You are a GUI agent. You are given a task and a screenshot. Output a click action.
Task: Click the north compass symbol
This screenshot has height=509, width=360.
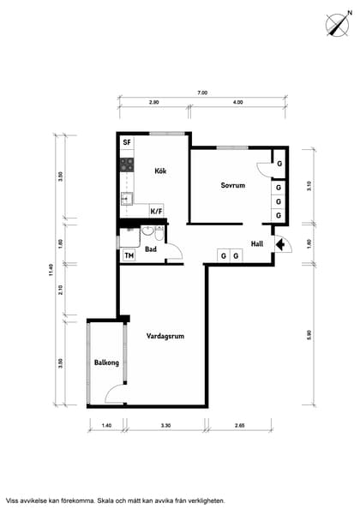(x=339, y=24)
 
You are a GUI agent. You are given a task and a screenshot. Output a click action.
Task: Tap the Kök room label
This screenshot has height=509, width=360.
(x=160, y=171)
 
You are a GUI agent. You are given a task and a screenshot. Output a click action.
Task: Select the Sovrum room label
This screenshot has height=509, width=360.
(x=233, y=185)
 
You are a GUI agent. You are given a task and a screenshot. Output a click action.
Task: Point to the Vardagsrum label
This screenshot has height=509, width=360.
(x=165, y=336)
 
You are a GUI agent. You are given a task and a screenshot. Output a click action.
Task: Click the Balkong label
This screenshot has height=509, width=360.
(x=106, y=362)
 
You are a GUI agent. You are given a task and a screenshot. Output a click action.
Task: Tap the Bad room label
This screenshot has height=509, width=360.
(x=151, y=249)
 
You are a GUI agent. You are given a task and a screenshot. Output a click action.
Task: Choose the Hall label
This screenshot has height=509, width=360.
(x=257, y=243)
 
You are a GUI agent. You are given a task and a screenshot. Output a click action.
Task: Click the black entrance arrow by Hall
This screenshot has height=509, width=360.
(x=279, y=244)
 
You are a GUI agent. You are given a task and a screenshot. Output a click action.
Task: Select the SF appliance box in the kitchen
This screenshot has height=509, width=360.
(x=127, y=142)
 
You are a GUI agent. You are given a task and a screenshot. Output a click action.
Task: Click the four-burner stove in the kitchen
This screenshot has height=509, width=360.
(x=127, y=165)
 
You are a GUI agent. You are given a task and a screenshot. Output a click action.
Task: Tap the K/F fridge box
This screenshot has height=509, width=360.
(x=156, y=212)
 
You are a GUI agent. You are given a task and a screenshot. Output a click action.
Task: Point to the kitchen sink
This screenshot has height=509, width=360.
(x=127, y=199)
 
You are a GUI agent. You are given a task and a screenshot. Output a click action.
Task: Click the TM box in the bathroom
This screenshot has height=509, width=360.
(x=129, y=255)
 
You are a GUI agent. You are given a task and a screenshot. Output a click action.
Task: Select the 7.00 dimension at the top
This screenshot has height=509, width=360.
(x=202, y=93)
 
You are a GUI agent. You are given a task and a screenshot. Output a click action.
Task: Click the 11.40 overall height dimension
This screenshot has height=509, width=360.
(x=51, y=270)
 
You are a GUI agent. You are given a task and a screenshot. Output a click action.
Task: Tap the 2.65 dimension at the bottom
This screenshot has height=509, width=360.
(x=239, y=425)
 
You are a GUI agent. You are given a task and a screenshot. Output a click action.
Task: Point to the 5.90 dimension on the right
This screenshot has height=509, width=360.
(x=309, y=335)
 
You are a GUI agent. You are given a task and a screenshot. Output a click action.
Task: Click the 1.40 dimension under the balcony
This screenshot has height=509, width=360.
(x=106, y=425)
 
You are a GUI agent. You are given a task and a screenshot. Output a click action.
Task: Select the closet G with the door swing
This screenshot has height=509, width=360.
(x=279, y=164)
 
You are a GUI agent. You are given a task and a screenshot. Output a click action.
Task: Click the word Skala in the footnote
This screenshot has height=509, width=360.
(x=107, y=500)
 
